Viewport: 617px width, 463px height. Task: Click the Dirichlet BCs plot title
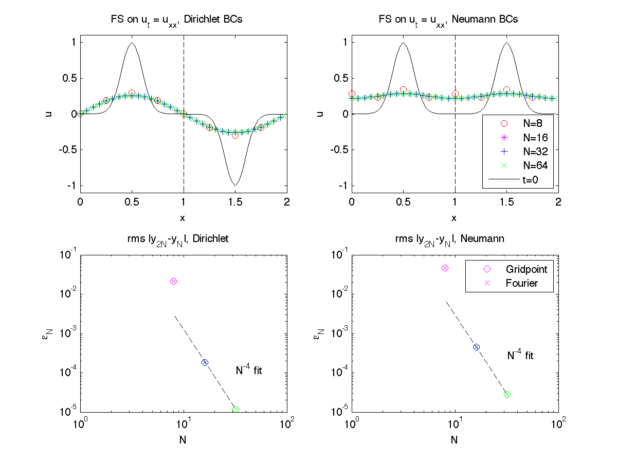[184, 20]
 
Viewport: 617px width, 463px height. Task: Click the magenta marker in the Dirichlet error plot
[174, 281]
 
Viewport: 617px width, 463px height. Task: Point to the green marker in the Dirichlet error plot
[236, 410]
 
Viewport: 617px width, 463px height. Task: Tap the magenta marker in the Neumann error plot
[445, 268]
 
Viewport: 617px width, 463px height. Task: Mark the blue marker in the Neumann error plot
[476, 347]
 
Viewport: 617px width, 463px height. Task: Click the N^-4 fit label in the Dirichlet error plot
[249, 370]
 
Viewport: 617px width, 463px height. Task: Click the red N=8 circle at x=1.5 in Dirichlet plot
[235, 135]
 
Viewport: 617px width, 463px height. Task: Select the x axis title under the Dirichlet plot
[183, 218]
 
